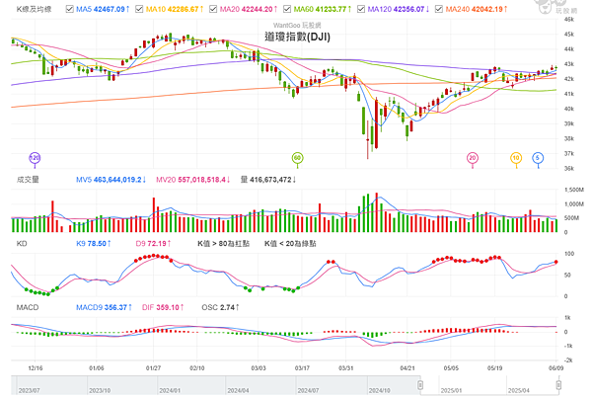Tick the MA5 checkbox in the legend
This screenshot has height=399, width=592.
tap(69, 8)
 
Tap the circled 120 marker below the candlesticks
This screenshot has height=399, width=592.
tap(35, 157)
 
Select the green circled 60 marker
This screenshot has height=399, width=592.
tap(297, 157)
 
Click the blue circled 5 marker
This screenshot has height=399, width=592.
tap(538, 157)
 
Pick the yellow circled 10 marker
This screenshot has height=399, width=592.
tap(515, 157)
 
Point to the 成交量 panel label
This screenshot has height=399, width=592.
tap(28, 181)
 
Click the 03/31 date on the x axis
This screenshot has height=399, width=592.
tap(345, 366)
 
